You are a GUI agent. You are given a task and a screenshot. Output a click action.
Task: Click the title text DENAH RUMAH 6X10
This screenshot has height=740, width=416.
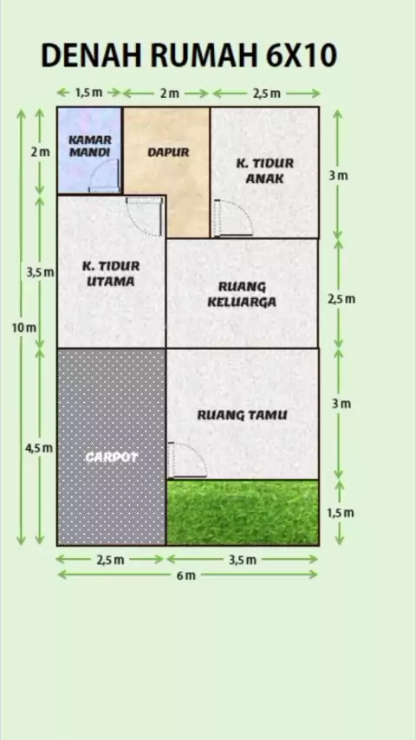tap(189, 55)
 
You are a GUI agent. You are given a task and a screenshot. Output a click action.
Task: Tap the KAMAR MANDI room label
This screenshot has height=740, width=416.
tap(90, 146)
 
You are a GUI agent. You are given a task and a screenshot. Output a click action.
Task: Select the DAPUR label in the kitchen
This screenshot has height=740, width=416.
tap(168, 153)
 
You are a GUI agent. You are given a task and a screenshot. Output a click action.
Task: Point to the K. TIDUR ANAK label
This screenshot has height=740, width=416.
tap(264, 171)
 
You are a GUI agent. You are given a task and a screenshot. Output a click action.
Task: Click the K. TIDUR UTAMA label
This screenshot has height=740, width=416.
tap(111, 274)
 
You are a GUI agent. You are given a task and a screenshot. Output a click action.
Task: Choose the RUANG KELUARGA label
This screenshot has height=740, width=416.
tap(242, 295)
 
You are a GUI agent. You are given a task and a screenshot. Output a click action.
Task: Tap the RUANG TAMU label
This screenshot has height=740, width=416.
tap(242, 415)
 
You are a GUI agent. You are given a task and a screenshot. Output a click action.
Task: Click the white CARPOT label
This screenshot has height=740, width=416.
tap(112, 457)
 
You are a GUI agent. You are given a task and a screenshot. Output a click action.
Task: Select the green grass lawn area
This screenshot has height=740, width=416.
tap(243, 512)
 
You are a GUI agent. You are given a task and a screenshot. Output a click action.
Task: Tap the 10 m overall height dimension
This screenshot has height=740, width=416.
tap(23, 328)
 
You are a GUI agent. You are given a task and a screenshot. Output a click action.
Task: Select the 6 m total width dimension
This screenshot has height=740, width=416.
tap(186, 575)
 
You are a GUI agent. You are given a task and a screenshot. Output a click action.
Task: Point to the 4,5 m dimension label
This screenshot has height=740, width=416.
tap(39, 448)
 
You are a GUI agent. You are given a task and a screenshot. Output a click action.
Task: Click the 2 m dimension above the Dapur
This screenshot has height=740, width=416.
tap(169, 94)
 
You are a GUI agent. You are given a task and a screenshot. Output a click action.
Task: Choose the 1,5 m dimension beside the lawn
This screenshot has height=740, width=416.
tap(341, 513)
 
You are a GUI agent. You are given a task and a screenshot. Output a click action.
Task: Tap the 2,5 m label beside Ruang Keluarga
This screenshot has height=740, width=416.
tap(341, 299)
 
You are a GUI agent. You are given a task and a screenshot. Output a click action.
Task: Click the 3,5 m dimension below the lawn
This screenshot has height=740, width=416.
tap(243, 560)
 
